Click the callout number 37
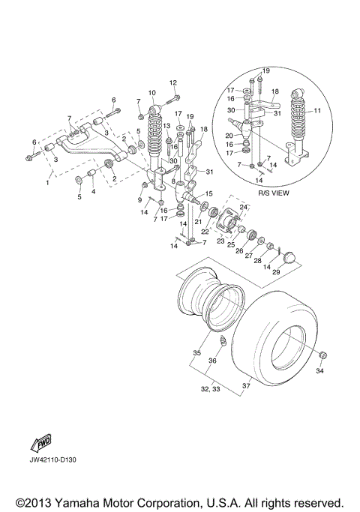click(246, 387)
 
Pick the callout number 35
click(196, 352)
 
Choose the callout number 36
click(212, 361)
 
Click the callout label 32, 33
click(209, 390)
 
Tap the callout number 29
click(275, 272)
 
